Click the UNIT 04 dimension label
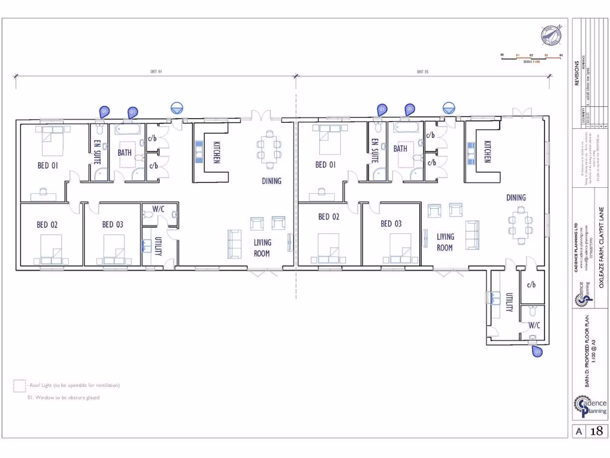click(x=156, y=72)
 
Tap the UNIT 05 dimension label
click(x=422, y=72)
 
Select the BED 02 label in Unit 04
click(x=47, y=225)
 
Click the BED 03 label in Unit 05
click(x=391, y=224)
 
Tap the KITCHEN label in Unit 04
click(x=216, y=152)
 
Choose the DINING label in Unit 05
click(x=516, y=197)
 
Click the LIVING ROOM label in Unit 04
click(x=262, y=247)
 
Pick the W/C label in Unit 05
click(x=534, y=325)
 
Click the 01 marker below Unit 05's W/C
click(x=537, y=351)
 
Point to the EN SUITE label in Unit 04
click(x=98, y=152)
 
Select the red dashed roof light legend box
click(x=19, y=386)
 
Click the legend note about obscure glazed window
click(x=63, y=398)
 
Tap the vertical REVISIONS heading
click(x=577, y=73)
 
